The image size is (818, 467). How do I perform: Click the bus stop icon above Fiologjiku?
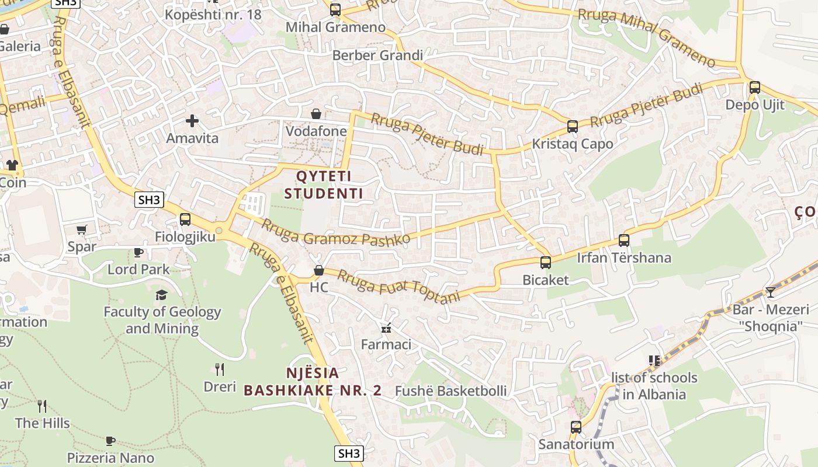185,219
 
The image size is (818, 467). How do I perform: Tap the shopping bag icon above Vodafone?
316,113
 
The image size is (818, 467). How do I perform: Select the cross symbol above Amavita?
192,121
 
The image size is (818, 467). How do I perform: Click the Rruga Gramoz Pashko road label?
335,232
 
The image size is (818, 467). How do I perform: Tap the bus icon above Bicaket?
546,263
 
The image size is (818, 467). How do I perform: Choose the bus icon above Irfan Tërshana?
624,241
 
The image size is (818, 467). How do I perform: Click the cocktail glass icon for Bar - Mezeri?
771,292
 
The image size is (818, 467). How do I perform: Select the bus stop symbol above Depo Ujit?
755,88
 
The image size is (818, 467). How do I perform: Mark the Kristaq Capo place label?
573,144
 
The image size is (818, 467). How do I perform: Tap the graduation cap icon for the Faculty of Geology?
162,295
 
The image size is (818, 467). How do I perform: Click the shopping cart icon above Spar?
82,229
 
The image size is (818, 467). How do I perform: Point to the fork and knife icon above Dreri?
220,369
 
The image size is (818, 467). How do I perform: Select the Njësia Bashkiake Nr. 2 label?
313,382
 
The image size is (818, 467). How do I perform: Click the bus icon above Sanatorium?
576,427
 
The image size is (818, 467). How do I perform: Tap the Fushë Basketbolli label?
451,391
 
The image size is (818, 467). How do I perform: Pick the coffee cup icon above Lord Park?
138,252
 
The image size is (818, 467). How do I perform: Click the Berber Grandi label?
377,55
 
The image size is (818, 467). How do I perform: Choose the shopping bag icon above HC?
319,270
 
